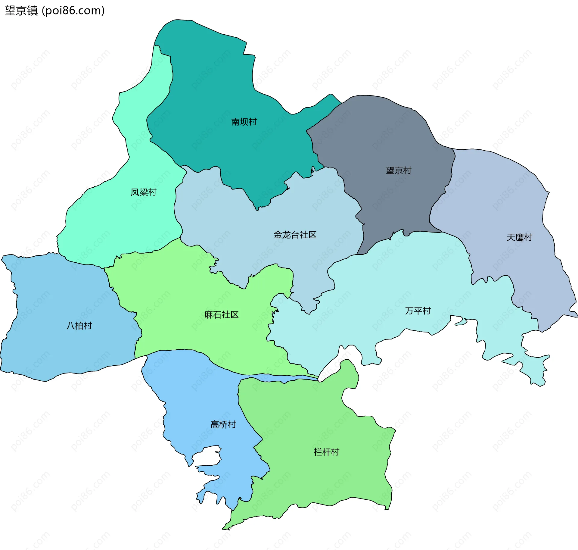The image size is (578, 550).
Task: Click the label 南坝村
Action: point(244,122)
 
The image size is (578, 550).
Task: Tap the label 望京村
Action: point(399,170)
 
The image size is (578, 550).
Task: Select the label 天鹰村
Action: point(519,237)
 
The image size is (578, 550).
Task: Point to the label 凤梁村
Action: point(144,192)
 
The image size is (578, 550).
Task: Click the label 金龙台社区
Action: point(295,235)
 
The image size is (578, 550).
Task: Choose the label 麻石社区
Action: point(222,315)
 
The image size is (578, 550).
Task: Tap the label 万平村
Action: point(418,311)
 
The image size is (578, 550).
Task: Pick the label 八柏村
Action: point(79,326)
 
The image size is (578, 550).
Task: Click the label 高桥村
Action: point(223,424)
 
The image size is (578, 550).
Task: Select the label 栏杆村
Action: point(326,452)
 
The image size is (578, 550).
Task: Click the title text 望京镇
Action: point(21,11)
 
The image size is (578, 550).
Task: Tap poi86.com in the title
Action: point(73,11)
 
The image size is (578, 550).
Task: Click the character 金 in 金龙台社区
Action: point(278,235)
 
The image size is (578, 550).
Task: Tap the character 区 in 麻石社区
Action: point(235,315)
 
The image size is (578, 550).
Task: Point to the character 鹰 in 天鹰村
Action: point(520,237)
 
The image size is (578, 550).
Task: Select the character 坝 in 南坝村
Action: point(244,122)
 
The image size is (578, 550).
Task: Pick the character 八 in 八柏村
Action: point(71,326)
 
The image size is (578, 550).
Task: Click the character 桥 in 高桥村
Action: point(224,424)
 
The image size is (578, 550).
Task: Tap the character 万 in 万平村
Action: point(409,311)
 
